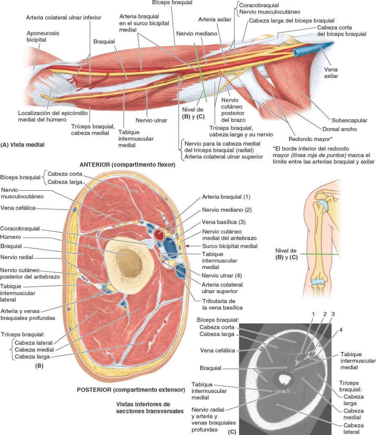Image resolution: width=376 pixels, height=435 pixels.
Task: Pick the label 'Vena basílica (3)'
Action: point(223,222)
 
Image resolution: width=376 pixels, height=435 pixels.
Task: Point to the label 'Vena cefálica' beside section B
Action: point(19,208)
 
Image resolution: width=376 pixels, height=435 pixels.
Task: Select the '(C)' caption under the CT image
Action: point(231,432)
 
